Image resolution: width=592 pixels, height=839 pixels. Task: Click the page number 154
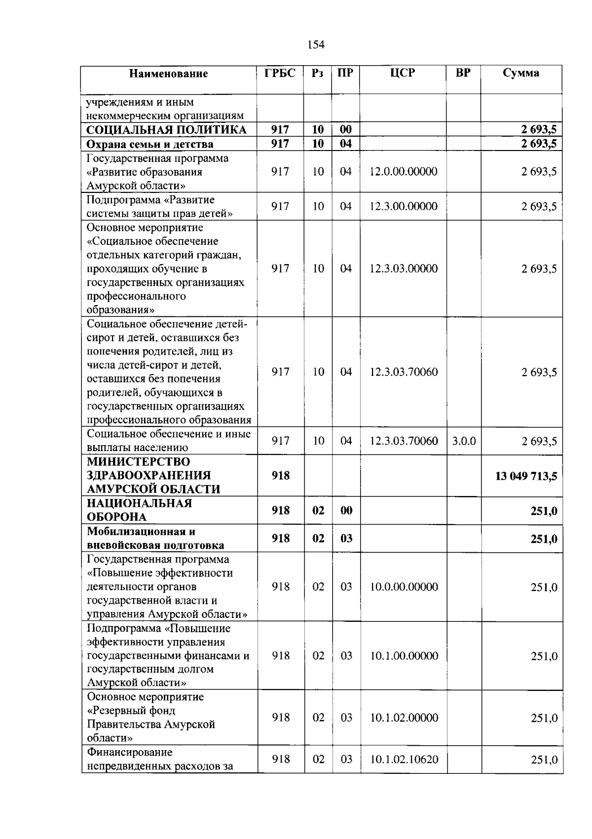[316, 45]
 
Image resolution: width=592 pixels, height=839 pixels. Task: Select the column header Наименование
[168, 74]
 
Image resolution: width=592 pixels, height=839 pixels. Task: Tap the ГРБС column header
[280, 73]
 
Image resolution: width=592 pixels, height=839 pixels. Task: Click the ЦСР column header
[403, 73]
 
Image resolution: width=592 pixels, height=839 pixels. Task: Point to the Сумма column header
[520, 73]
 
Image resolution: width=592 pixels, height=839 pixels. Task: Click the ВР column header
[463, 73]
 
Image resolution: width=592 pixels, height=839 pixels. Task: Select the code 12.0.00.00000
[404, 172]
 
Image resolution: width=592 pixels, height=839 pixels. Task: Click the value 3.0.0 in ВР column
[464, 441]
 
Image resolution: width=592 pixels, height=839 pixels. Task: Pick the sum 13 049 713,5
[526, 476]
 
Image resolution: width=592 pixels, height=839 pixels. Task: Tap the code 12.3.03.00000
[404, 268]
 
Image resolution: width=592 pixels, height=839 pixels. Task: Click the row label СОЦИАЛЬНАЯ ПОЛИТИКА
[166, 130]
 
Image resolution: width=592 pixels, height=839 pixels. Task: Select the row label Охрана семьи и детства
[150, 144]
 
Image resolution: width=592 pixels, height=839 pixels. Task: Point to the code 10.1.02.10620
[404, 759]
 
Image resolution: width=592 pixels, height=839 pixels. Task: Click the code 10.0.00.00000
[404, 587]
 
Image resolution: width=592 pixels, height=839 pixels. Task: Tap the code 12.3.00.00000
[404, 206]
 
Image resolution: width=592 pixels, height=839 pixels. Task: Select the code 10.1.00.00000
[404, 655]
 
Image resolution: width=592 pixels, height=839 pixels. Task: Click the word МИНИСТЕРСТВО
[138, 462]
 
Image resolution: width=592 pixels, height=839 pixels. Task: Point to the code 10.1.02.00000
[404, 718]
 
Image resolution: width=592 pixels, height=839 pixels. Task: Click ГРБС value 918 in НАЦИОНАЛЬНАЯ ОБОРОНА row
[280, 510]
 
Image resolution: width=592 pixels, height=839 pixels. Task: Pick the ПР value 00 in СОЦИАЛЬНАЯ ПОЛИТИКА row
[346, 130]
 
